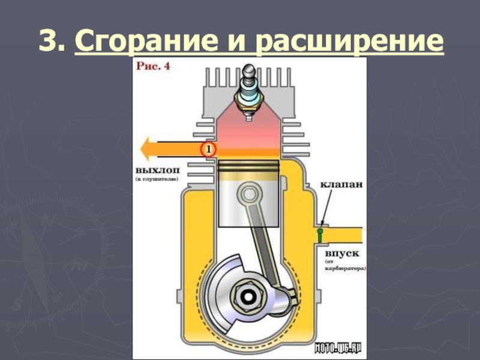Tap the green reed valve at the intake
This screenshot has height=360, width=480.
320,234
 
